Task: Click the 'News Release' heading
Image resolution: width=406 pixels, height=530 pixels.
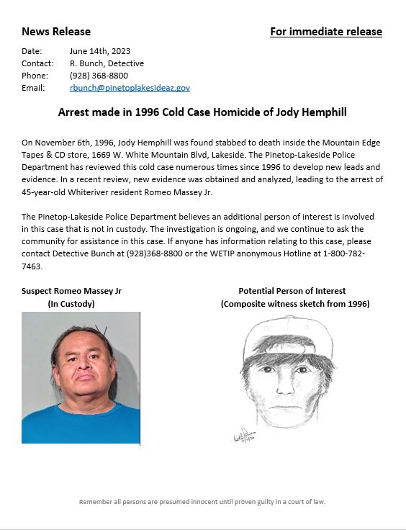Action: (56, 32)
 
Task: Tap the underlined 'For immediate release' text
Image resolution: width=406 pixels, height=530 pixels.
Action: (325, 32)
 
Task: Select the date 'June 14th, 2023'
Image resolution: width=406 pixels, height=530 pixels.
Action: (100, 51)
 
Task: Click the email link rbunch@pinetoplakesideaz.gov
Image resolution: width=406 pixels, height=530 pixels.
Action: (130, 88)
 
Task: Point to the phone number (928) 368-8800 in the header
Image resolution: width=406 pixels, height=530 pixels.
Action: (99, 76)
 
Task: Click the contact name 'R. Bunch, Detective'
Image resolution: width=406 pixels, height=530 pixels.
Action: (107, 63)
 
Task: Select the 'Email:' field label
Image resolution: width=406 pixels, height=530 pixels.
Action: (33, 88)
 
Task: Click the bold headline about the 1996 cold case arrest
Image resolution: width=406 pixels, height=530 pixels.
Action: (202, 113)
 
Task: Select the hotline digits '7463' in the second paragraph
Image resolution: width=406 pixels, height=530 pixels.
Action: (32, 266)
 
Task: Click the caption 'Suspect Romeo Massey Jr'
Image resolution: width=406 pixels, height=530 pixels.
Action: (71, 291)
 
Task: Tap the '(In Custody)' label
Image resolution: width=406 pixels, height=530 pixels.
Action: (71, 304)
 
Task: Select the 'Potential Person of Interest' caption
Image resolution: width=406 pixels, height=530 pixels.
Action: (292, 291)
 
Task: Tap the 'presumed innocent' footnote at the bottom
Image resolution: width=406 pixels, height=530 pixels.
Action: (202, 502)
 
